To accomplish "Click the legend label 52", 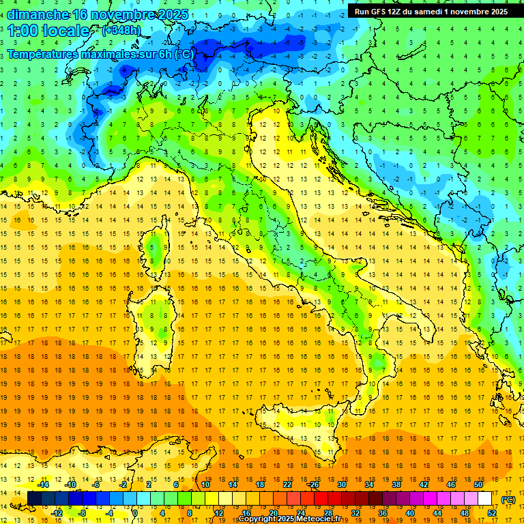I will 492,512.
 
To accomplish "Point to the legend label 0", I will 135,512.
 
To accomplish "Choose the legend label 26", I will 315,484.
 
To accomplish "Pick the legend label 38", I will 396,484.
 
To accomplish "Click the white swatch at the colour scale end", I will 484,499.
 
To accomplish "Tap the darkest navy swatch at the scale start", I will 34,499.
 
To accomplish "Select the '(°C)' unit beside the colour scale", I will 508,499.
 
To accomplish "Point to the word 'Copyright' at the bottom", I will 259,519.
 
